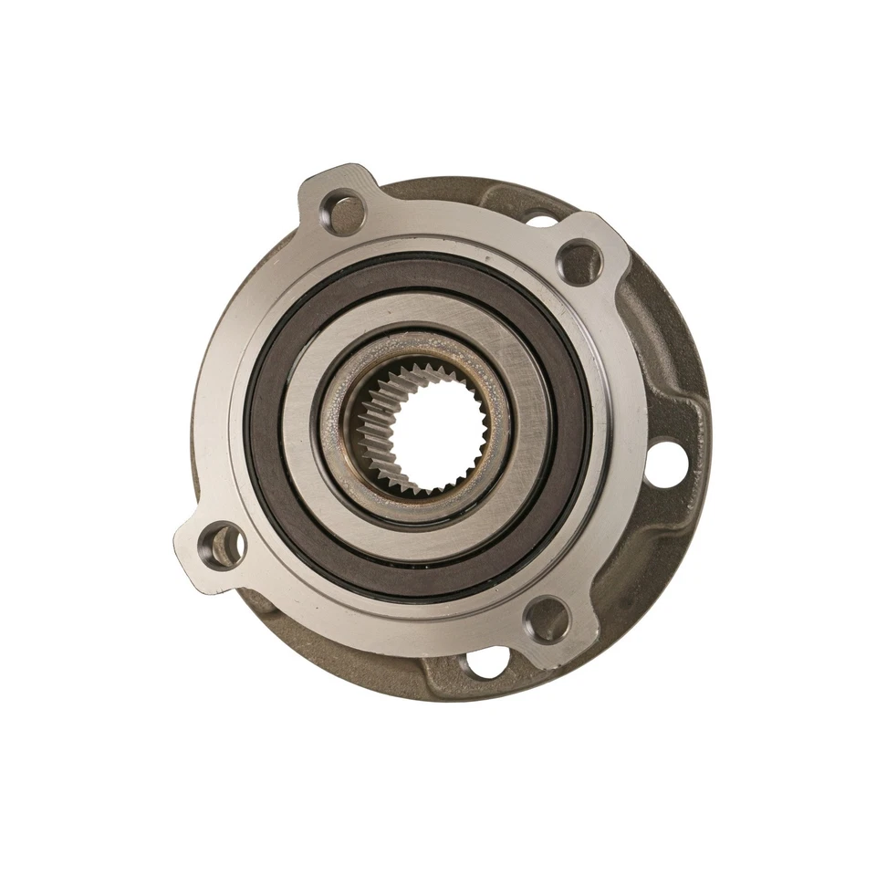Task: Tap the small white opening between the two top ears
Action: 542,221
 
